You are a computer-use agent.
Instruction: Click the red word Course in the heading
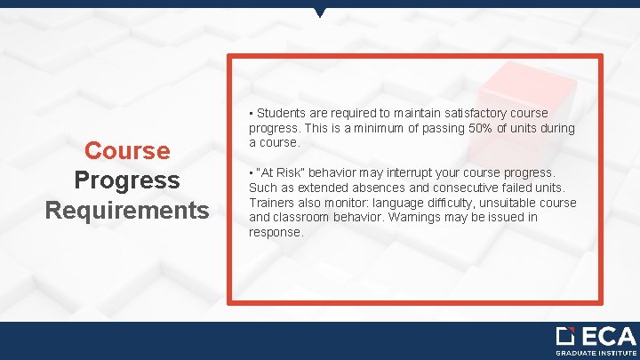[127, 149]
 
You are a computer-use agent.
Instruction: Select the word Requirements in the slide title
[127, 210]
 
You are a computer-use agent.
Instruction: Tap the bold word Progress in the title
[127, 180]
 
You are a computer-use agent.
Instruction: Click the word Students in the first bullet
[282, 114]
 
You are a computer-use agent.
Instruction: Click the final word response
[276, 231]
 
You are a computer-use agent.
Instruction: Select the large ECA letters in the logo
[608, 337]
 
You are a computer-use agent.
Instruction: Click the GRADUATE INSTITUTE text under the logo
[596, 353]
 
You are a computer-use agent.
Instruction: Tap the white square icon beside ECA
[566, 337]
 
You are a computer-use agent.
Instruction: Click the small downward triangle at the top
[320, 12]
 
